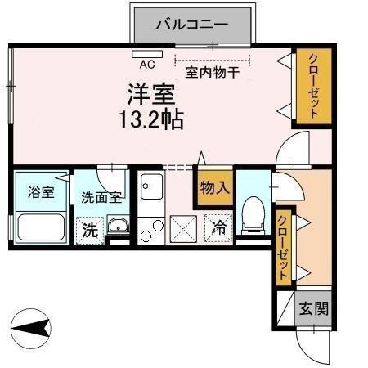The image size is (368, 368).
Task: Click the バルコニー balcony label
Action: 192,24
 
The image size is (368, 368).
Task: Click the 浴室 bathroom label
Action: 40,193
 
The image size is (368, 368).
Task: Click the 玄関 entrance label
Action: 313,310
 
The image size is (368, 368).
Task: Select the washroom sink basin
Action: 119,227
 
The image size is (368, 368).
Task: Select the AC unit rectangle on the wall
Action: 148,54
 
